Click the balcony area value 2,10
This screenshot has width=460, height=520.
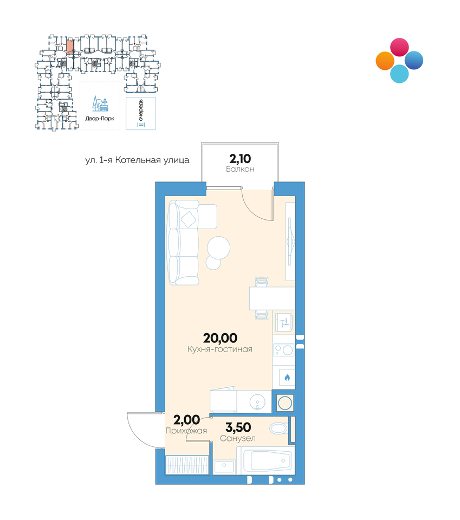(x=240, y=159)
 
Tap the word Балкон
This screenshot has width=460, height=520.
(x=240, y=169)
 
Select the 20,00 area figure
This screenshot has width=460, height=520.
(x=220, y=338)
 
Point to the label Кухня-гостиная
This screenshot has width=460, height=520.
(x=220, y=349)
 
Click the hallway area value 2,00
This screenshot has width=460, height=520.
(x=186, y=420)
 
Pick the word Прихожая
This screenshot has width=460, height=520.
(x=186, y=431)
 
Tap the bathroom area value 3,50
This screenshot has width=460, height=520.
(x=238, y=427)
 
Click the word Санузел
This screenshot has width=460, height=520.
(x=238, y=438)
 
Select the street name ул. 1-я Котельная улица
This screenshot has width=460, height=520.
(x=137, y=160)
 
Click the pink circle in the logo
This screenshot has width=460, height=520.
(x=399, y=47)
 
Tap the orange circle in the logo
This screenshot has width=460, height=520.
(x=385, y=61)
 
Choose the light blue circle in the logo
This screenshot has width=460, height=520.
(x=399, y=74)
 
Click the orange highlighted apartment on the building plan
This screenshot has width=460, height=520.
(x=70, y=47)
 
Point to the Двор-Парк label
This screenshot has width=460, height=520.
(x=100, y=119)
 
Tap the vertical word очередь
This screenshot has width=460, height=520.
(x=141, y=110)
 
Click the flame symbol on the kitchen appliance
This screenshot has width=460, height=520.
(x=287, y=378)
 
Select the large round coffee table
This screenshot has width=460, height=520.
(x=218, y=248)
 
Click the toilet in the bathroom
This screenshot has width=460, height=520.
(x=279, y=428)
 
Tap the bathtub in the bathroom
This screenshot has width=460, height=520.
(x=265, y=460)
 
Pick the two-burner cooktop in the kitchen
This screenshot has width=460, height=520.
(x=283, y=349)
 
